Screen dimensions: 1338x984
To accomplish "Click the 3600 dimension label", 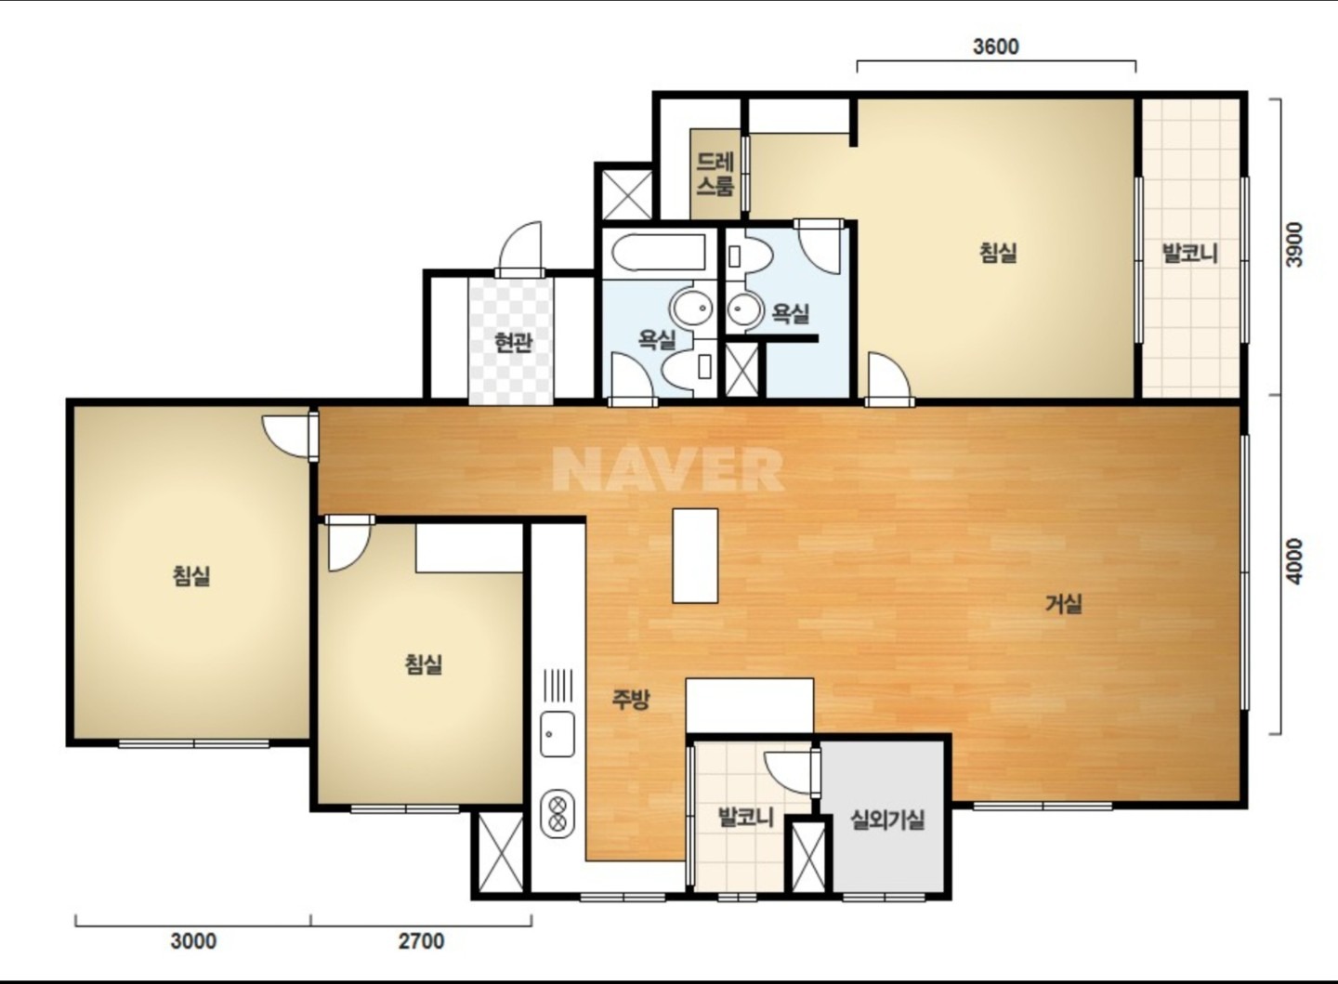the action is click(996, 46).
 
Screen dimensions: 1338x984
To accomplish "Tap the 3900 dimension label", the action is click(1294, 245).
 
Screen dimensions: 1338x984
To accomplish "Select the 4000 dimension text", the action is click(1294, 561).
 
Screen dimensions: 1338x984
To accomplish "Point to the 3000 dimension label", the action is click(193, 941).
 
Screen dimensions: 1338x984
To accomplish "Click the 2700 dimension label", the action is click(421, 941).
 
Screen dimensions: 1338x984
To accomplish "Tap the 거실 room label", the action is click(1063, 603).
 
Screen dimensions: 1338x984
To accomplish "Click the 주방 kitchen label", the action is click(630, 699).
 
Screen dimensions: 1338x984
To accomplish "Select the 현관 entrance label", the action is click(513, 342).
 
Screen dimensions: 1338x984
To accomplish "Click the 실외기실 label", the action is click(887, 820).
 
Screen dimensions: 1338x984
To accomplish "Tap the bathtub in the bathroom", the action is click(658, 254).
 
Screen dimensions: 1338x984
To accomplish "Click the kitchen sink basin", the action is click(557, 734).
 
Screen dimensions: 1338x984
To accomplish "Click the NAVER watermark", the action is click(668, 469).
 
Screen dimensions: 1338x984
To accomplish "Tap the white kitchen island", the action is click(695, 556).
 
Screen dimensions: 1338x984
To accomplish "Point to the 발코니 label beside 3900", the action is click(1188, 253).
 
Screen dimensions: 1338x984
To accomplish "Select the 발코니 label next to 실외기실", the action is click(745, 817).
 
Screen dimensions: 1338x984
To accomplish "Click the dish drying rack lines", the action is click(557, 686).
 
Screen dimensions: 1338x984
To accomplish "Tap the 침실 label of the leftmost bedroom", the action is click(191, 575).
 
